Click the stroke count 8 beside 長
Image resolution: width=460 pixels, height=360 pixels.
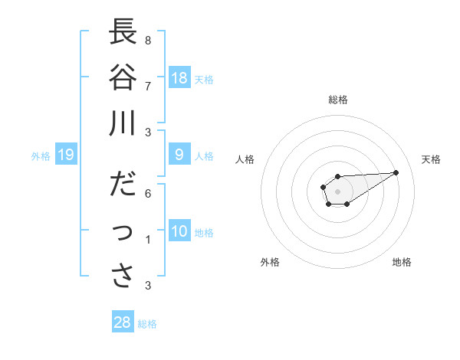tap(148, 40)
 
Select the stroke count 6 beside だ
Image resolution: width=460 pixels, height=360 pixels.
tap(148, 193)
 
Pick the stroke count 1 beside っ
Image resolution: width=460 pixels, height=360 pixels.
tap(148, 240)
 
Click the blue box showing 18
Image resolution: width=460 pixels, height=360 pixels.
tap(179, 78)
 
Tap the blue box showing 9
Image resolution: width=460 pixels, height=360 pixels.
tap(179, 155)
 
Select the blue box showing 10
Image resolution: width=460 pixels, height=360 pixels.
tap(179, 231)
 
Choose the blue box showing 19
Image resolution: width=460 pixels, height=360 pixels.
tap(66, 155)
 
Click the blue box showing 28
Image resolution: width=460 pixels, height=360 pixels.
tap(123, 322)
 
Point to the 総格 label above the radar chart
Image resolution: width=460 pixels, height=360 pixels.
tap(338, 100)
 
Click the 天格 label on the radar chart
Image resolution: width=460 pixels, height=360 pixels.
tap(431, 159)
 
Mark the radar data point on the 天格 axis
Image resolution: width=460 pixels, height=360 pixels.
tap(396, 172)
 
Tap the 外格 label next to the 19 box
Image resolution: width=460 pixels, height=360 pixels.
tap(41, 156)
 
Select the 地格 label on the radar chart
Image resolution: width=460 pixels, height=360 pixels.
tap(402, 262)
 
